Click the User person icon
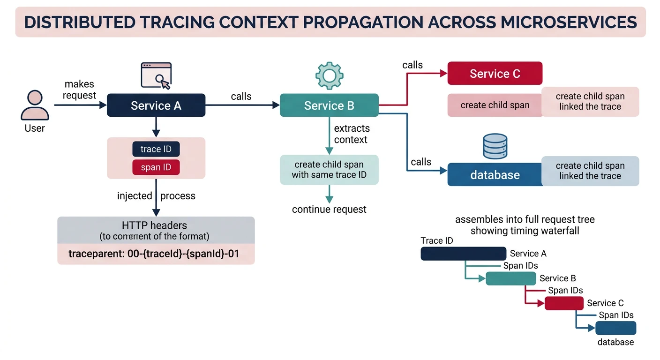pyautogui.click(x=35, y=105)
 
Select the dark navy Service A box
pyautogui.click(x=156, y=105)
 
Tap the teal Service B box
pyautogui.click(x=329, y=105)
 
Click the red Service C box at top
pyautogui.click(x=495, y=74)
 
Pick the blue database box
pyautogui.click(x=495, y=175)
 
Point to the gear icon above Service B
pyautogui.click(x=330, y=75)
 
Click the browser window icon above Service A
pyautogui.click(x=157, y=75)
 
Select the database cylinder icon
pyautogui.click(x=495, y=146)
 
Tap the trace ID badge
pyautogui.click(x=156, y=149)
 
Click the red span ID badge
pyautogui.click(x=156, y=167)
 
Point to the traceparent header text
pyautogui.click(x=154, y=254)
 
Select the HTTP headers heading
pyautogui.click(x=155, y=225)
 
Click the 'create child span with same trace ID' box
pyautogui.click(x=329, y=170)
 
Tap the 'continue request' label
pyautogui.click(x=329, y=210)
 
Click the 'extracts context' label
pyautogui.click(x=352, y=134)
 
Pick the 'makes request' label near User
pyautogui.click(x=79, y=90)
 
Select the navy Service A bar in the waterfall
pyautogui.click(x=463, y=254)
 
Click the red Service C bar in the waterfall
pyautogui.click(x=564, y=303)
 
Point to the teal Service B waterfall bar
pyautogui.click(x=510, y=278)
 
